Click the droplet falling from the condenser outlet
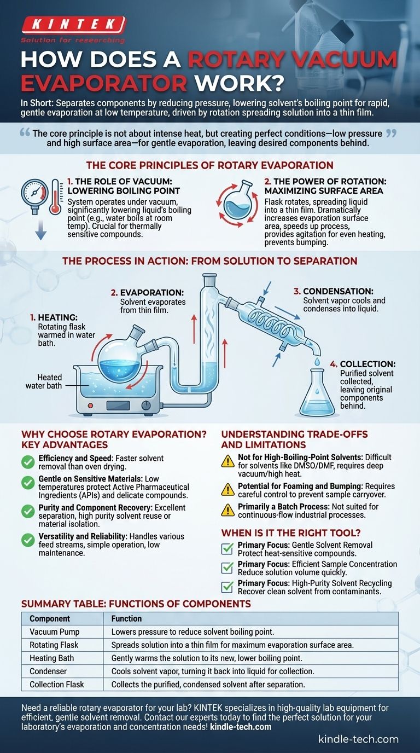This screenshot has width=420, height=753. [317, 361]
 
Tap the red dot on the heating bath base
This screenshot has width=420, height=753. [90, 406]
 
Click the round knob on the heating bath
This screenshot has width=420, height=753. [146, 406]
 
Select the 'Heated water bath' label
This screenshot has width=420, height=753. [44, 381]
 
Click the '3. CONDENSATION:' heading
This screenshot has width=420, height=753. [334, 291]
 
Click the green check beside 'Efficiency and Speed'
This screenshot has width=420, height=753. [28, 462]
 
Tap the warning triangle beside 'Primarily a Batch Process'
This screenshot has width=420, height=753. [228, 510]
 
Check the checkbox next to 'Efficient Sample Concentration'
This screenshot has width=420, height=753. [227, 568]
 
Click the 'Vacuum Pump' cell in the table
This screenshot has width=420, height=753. [55, 632]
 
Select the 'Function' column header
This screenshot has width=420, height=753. [126, 618]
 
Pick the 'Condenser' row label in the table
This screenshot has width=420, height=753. [48, 671]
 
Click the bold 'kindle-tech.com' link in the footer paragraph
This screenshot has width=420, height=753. [241, 727]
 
